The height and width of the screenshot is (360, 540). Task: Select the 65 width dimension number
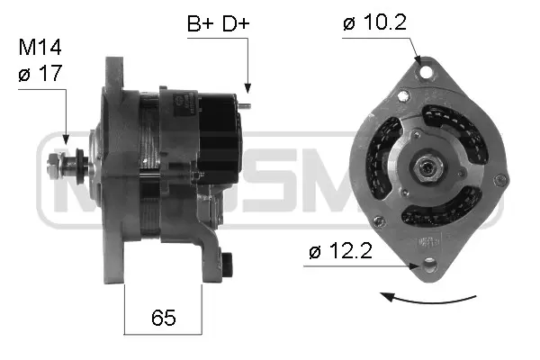pyautogui.click(x=163, y=318)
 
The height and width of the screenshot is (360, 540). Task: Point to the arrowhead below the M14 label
pyautogui.click(x=66, y=140)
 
